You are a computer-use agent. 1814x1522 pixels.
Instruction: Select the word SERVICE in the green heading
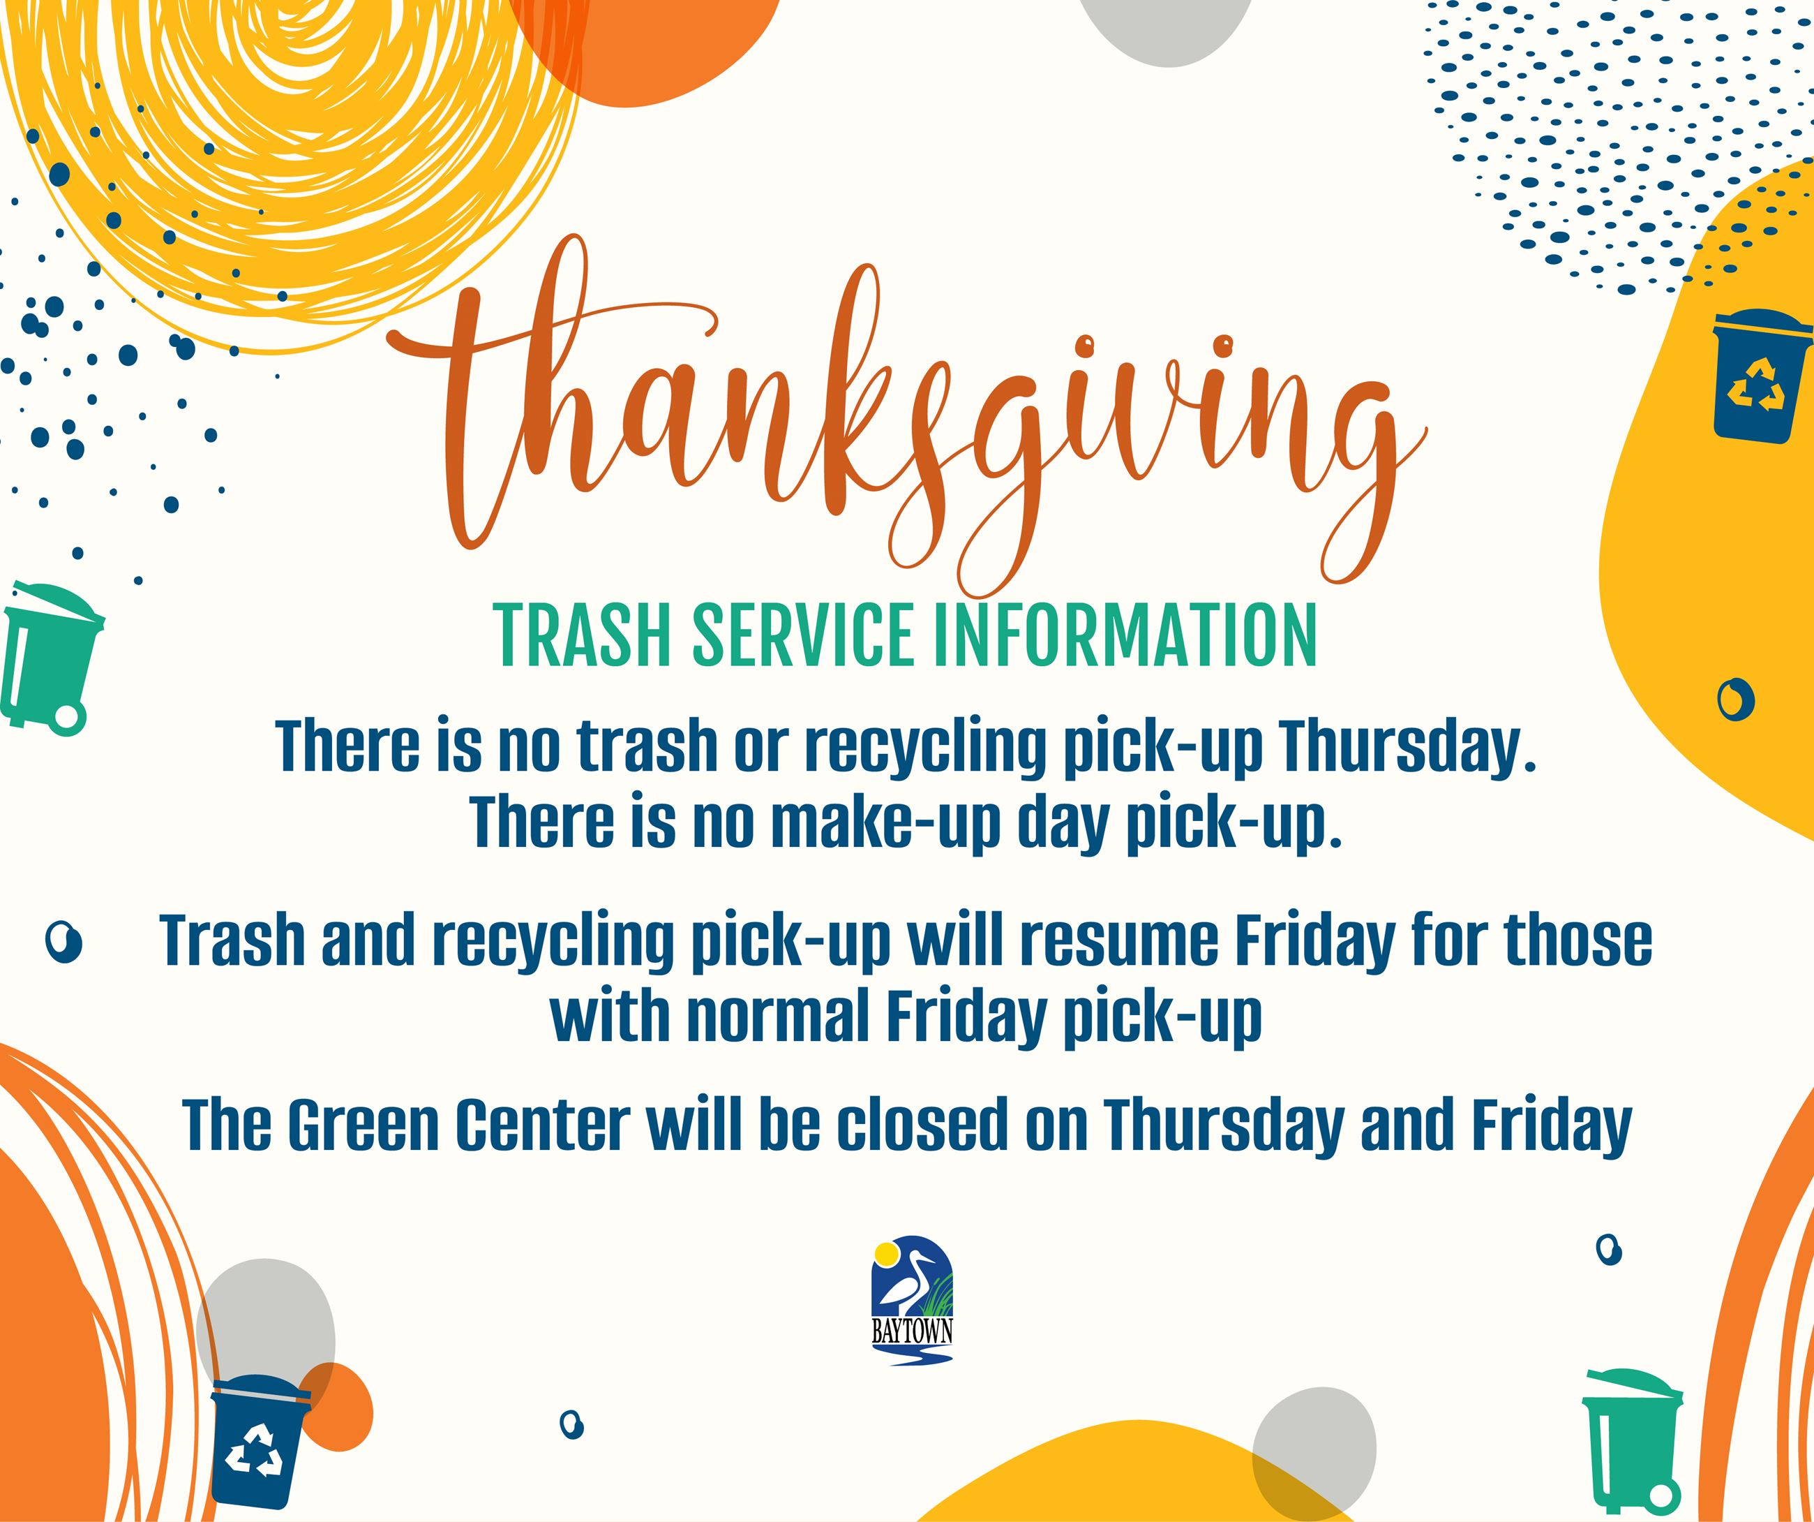point(802,635)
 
